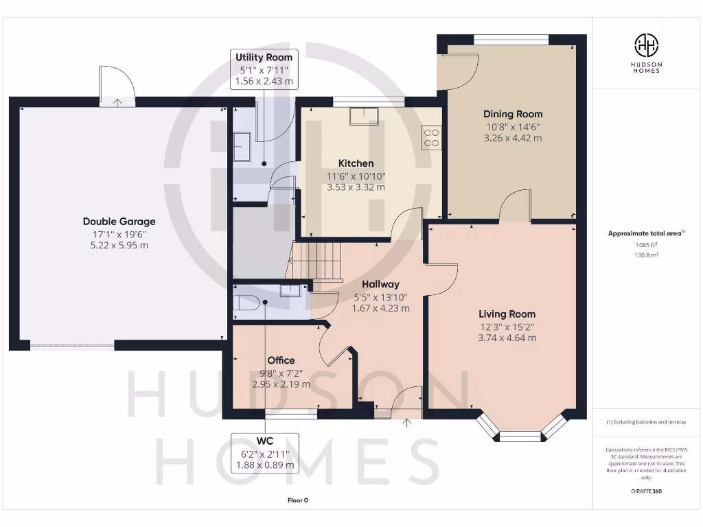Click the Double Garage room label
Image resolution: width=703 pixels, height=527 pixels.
pos(119,222)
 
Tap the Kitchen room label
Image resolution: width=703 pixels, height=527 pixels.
pos(356,163)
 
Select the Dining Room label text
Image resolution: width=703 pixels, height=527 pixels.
pos(512,114)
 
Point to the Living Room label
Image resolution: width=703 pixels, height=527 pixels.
pos(507,314)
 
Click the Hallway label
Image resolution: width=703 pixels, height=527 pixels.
pos(380,284)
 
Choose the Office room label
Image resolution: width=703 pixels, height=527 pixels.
pos(281,360)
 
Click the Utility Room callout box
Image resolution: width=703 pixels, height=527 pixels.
pos(264,69)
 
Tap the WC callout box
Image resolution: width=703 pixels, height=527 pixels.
pos(264,452)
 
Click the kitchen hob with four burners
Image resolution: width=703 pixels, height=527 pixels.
pos(432,138)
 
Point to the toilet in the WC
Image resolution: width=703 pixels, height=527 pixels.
pos(245,303)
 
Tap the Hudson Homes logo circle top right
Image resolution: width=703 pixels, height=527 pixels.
pos(645,45)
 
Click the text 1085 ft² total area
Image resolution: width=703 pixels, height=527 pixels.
pos(645,244)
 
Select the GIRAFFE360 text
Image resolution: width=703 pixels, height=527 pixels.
pos(645,491)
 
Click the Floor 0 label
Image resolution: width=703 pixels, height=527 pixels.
pos(297,500)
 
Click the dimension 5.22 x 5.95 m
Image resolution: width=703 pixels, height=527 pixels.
pos(119,245)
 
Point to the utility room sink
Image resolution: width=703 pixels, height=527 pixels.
pos(242,145)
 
